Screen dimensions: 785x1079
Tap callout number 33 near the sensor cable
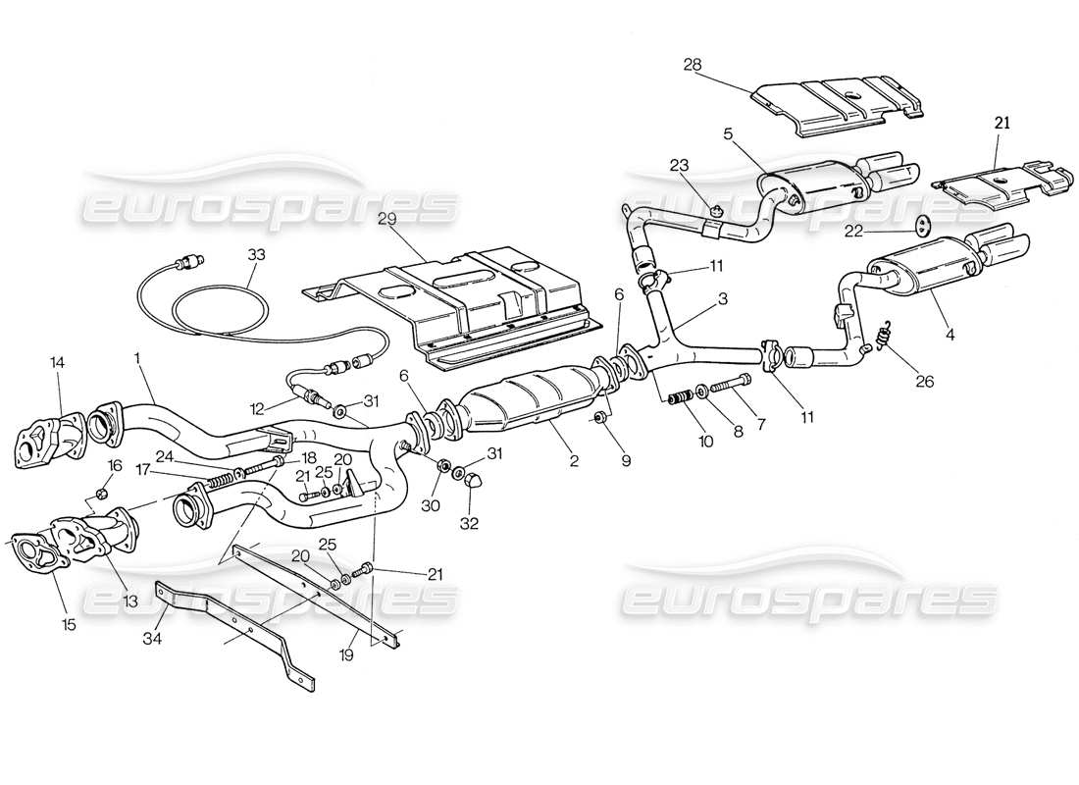(x=257, y=253)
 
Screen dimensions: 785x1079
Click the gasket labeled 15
(x=34, y=550)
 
